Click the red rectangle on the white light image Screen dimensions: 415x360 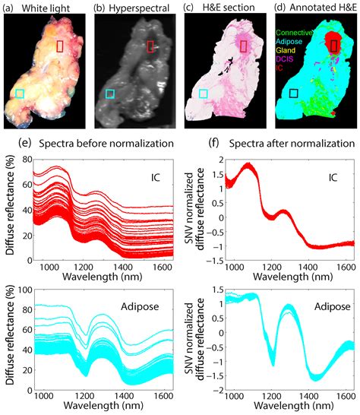pyautogui.click(x=60, y=46)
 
